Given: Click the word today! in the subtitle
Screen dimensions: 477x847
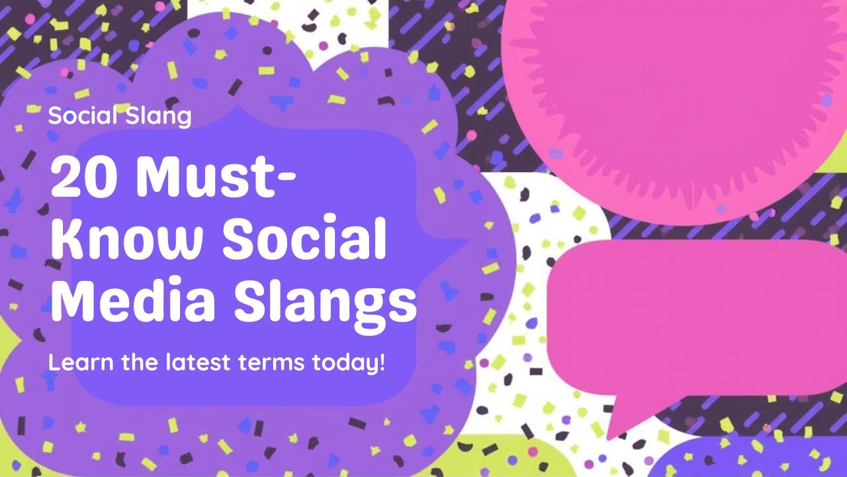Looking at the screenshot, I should (350, 364).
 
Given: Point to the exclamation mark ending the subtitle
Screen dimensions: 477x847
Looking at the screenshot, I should (381, 362).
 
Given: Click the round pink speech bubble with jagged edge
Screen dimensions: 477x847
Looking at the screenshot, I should (668, 99).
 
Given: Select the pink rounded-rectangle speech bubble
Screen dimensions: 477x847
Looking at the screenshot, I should (695, 318).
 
